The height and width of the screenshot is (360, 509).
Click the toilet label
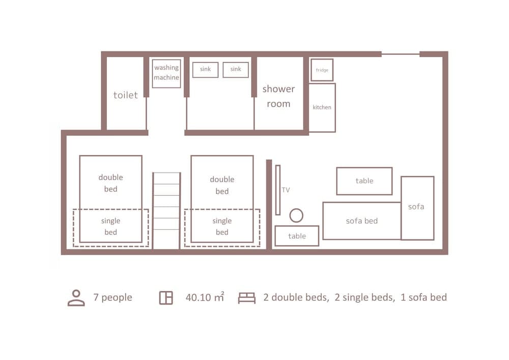(x=126, y=95)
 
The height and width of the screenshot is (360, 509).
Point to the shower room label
(x=278, y=96)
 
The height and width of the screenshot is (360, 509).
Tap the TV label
(x=286, y=190)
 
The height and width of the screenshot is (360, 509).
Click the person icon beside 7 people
(x=76, y=298)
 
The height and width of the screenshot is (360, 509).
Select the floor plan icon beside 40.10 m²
(x=166, y=298)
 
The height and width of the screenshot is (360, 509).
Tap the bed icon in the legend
(x=247, y=298)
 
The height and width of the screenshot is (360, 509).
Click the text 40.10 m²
(x=205, y=297)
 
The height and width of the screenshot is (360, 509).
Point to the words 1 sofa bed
(x=423, y=297)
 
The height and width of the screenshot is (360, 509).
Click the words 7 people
(x=112, y=298)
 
